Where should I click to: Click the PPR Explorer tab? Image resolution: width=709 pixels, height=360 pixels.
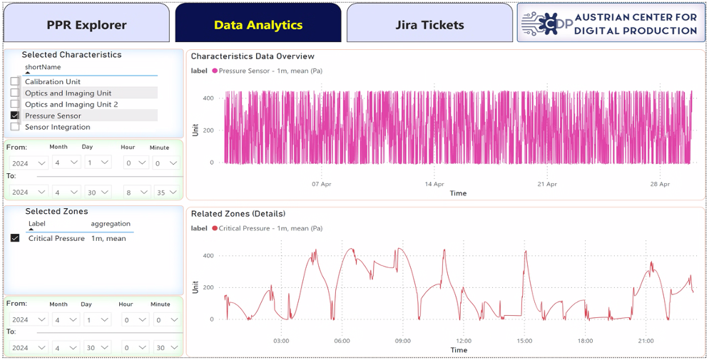(86, 25)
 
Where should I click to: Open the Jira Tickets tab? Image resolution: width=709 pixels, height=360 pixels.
(429, 25)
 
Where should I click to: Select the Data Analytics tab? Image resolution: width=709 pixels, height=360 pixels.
(258, 25)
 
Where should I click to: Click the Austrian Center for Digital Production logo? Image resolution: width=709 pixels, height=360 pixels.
(611, 23)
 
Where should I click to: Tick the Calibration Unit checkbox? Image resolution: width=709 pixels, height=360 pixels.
(15, 81)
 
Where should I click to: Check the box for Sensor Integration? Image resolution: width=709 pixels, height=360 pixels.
(15, 127)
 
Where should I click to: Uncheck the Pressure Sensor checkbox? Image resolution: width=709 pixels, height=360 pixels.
(15, 115)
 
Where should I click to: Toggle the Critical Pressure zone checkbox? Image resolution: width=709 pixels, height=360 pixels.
(15, 238)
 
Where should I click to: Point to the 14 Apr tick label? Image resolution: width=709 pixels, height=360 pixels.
(434, 185)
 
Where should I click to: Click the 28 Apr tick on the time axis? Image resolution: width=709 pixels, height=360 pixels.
(660, 185)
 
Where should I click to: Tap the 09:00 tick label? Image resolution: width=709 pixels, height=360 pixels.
(402, 341)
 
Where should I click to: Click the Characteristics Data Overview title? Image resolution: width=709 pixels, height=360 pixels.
(253, 56)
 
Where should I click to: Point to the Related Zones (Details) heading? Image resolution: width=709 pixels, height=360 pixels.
(238, 214)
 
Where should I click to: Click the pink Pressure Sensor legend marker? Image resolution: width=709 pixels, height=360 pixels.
(214, 71)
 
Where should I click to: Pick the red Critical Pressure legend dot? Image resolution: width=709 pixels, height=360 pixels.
(214, 228)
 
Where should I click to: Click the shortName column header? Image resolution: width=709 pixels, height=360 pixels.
(43, 67)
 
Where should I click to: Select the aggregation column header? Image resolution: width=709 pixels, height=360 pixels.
(111, 224)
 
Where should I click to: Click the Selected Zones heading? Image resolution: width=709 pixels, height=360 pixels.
(56, 212)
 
